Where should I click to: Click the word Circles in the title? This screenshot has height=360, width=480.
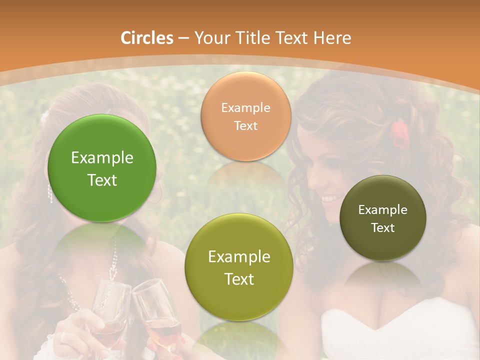pyautogui.click(x=146, y=38)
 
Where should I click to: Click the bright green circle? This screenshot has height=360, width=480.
pyautogui.click(x=102, y=168)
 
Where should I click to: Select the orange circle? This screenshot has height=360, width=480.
pyautogui.click(x=245, y=116)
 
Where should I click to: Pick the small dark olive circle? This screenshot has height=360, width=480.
pyautogui.click(x=383, y=218)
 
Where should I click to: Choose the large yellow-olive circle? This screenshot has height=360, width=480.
pyautogui.click(x=239, y=267)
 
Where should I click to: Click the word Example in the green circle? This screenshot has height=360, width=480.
pyautogui.click(x=102, y=158)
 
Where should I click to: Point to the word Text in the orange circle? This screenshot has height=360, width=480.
pyautogui.click(x=245, y=125)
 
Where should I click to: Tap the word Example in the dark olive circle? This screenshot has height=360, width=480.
pyautogui.click(x=383, y=209)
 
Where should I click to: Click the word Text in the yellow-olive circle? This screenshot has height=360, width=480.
pyautogui.click(x=239, y=279)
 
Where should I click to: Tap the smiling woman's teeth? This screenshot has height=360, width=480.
pyautogui.click(x=329, y=199)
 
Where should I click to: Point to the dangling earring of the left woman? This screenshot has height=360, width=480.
pyautogui.click(x=50, y=193)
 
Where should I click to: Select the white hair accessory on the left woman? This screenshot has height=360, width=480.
pyautogui.click(x=45, y=118)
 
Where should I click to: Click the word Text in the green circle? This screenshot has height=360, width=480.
pyautogui.click(x=102, y=180)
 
